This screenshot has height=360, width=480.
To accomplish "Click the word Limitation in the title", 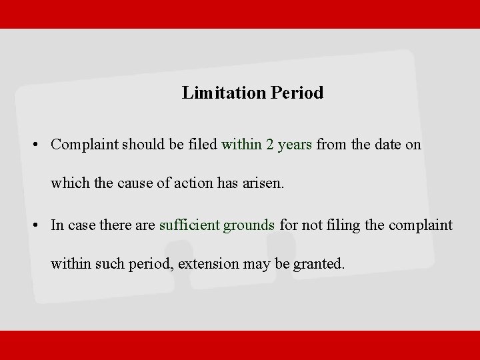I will click(224, 93).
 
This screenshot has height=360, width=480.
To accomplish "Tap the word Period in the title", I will click(297, 93).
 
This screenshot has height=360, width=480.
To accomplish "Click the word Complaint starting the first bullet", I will click(85, 145).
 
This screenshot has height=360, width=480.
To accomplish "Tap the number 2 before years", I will click(270, 144).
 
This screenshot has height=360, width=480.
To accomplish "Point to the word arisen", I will click(265, 183).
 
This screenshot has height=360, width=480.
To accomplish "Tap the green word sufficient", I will click(189, 225).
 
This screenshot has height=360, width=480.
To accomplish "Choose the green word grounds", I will click(249, 225).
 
